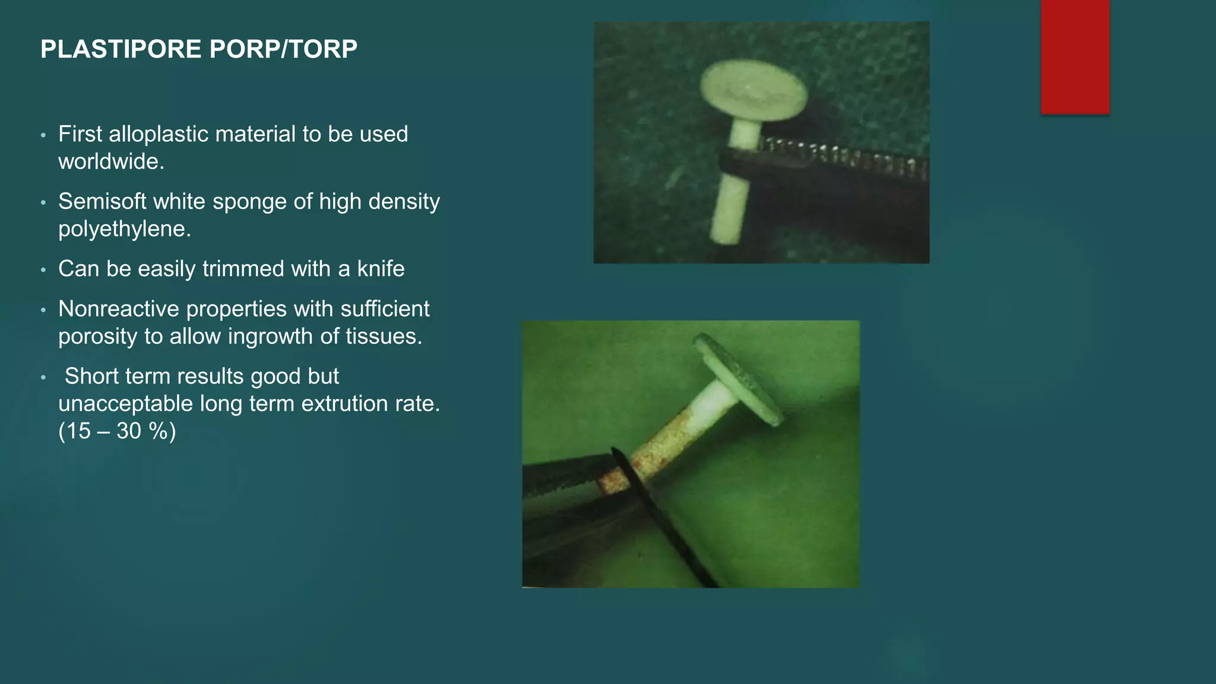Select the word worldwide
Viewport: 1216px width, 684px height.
(110, 161)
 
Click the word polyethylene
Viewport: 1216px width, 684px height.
(124, 229)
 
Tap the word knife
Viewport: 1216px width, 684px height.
(381, 269)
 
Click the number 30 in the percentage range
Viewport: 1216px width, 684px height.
(129, 431)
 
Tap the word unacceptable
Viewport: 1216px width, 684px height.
(125, 404)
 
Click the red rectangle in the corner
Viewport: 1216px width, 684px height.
(1075, 56)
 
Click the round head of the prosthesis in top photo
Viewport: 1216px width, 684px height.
(753, 91)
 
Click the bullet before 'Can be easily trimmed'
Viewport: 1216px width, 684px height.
(43, 270)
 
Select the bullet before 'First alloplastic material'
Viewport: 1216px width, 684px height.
(43, 135)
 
